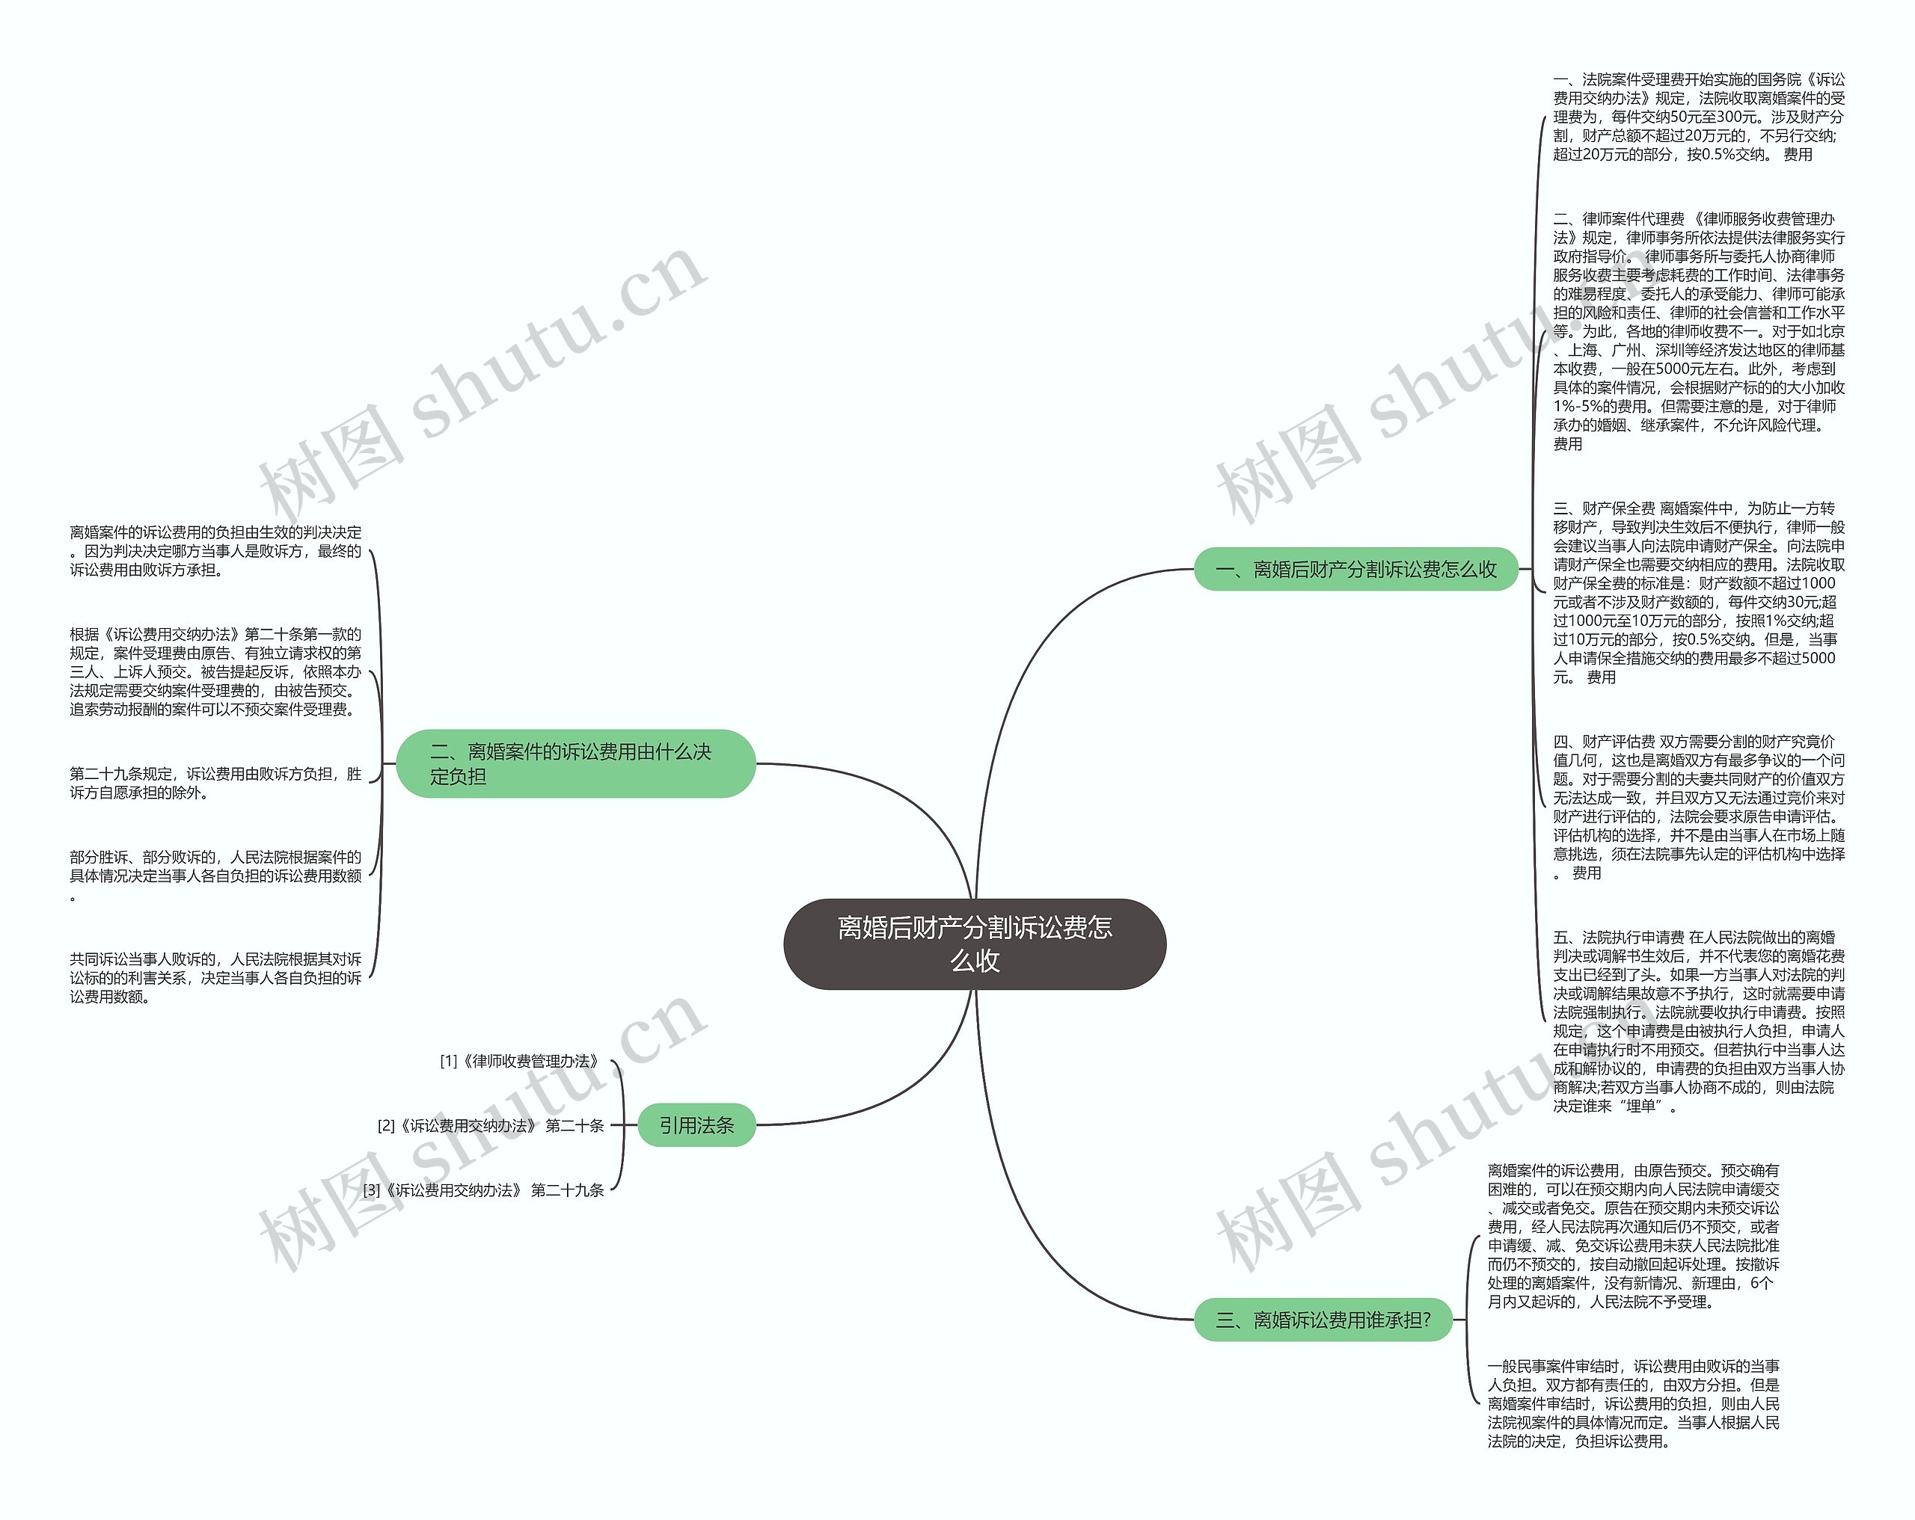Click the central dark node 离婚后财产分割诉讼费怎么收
pyautogui.click(x=975, y=944)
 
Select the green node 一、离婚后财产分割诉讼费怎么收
pyautogui.click(x=1355, y=569)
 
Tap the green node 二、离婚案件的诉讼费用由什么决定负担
pyautogui.click(x=575, y=763)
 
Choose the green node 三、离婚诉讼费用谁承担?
pyautogui.click(x=1323, y=1320)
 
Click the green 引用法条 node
pyautogui.click(x=696, y=1125)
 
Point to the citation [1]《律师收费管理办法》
pyautogui.click(x=521, y=1061)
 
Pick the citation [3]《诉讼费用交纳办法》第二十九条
pyautogui.click(x=483, y=1190)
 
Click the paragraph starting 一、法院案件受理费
pyautogui.click(x=1698, y=117)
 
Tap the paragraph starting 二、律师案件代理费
pyautogui.click(x=1698, y=331)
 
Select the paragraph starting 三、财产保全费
pyautogui.click(x=1698, y=592)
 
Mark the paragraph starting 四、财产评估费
pyautogui.click(x=1698, y=807)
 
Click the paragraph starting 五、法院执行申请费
pyautogui.click(x=1698, y=1021)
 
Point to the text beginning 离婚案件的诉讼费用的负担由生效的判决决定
pyautogui.click(x=216, y=550)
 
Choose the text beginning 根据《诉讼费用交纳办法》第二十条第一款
pyautogui.click(x=216, y=671)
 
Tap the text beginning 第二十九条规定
pyautogui.click(x=216, y=783)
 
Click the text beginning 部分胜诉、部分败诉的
pyautogui.click(x=216, y=876)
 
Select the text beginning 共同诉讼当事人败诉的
pyautogui.click(x=216, y=977)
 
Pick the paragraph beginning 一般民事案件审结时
pyautogui.click(x=1634, y=1403)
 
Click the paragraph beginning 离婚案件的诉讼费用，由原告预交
pyautogui.click(x=1634, y=1236)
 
